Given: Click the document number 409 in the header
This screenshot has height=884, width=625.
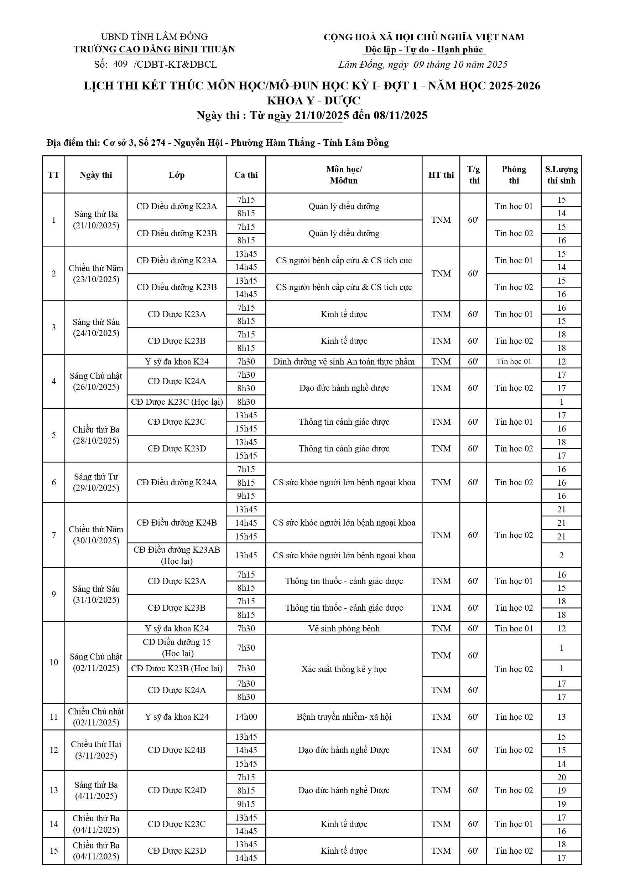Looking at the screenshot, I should click(120, 64).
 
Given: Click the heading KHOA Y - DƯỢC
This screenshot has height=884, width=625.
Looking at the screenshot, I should click(314, 100).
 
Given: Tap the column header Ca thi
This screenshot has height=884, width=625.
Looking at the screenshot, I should click(246, 175).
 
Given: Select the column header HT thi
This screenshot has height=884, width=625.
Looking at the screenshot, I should click(441, 175).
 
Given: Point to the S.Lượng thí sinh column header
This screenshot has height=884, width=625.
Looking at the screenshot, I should click(561, 175).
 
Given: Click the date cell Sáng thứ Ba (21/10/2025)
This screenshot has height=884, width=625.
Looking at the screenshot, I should click(96, 220).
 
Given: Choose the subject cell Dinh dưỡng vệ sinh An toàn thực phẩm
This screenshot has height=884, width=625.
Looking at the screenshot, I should click(344, 362).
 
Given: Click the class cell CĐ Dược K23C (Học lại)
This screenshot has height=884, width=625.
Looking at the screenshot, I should click(177, 402).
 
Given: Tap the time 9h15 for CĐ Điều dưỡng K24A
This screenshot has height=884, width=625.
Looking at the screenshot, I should click(246, 496).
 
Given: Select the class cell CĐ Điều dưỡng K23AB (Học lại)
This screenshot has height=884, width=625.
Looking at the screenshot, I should click(177, 555).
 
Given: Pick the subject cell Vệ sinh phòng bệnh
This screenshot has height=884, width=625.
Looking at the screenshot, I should click(344, 628).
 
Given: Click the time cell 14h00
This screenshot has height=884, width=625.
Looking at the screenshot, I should click(246, 717).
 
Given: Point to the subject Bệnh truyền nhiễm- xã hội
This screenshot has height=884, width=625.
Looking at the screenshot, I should click(344, 717).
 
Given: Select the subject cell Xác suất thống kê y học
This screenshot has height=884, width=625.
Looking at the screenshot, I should click(344, 669).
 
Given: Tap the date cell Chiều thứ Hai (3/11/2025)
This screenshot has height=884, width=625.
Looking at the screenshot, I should click(96, 750).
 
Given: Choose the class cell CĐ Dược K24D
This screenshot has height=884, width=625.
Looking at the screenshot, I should click(177, 790).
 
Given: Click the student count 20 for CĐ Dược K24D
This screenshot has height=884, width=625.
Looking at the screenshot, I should click(561, 777).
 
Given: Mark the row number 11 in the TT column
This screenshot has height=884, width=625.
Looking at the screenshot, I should click(53, 717).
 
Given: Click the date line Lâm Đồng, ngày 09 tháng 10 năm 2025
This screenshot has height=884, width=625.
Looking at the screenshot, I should click(423, 64).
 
